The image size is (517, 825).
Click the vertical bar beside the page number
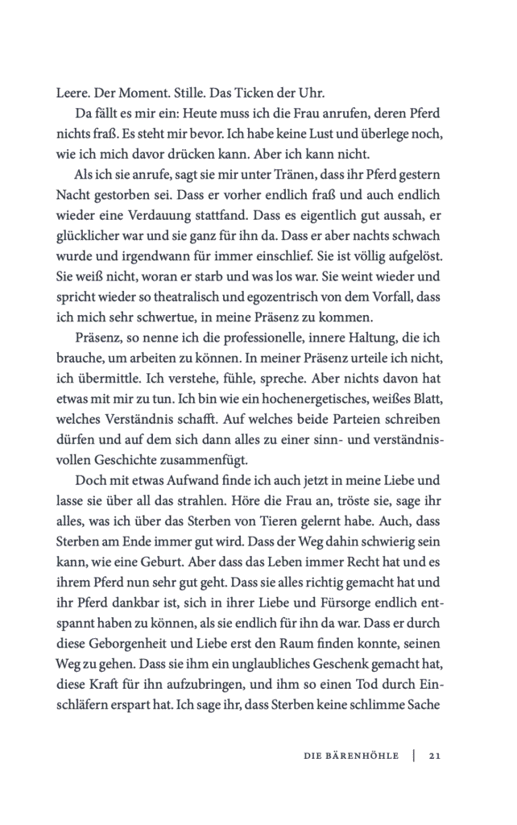(x=413, y=756)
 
